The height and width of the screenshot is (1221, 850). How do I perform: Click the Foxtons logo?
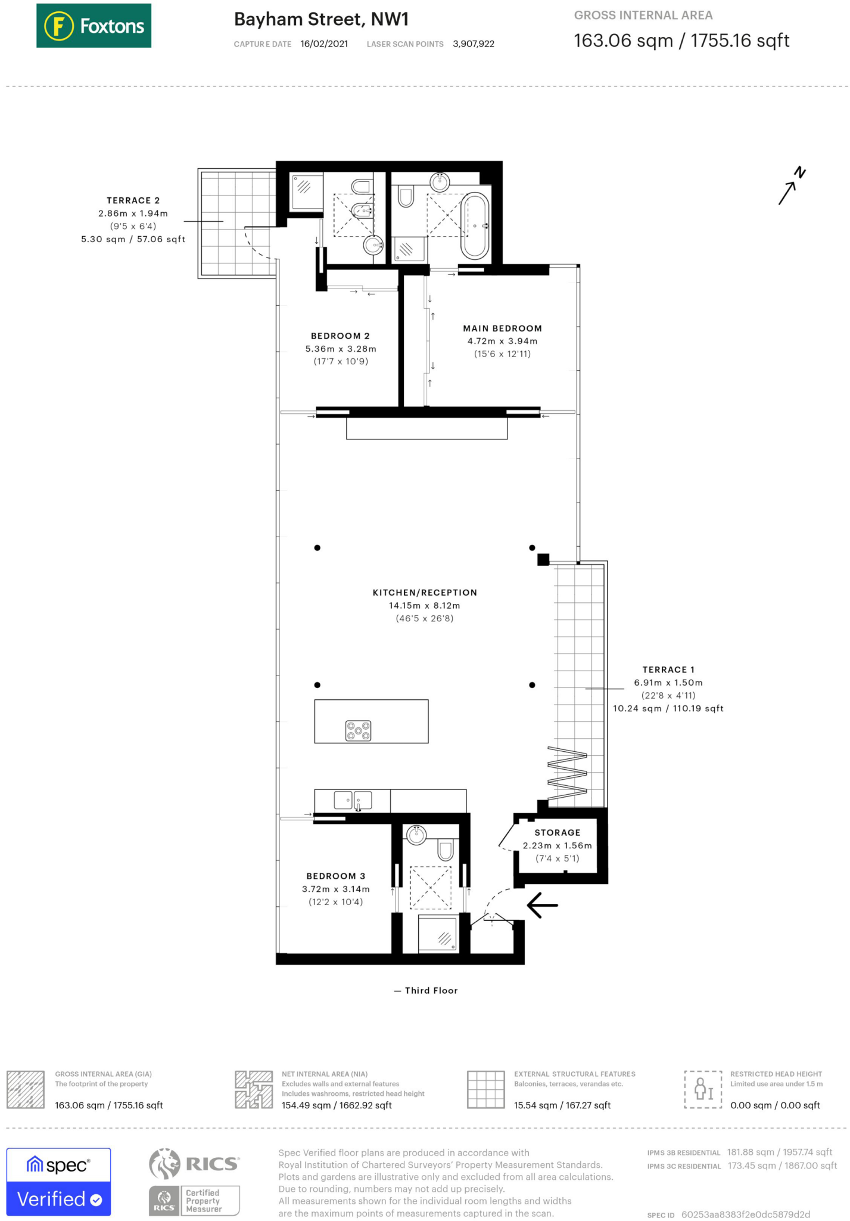point(94,26)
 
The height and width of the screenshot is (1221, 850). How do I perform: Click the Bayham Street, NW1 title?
point(321,20)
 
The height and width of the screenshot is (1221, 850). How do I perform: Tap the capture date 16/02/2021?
point(324,44)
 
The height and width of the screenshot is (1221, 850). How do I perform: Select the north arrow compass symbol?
point(792,185)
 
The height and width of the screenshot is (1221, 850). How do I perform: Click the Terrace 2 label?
point(133,200)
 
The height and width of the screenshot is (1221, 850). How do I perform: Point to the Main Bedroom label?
point(502,329)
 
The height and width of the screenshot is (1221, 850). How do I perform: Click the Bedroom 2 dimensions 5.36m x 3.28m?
point(341,349)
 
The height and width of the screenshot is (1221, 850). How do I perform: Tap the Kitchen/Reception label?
point(425,593)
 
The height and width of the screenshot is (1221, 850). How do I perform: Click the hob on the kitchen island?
point(358,730)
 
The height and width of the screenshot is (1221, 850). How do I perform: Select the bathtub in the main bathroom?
point(475,226)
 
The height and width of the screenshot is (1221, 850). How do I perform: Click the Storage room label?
point(557,833)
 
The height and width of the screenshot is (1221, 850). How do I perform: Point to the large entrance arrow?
point(542,905)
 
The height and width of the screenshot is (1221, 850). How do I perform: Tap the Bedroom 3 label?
point(336,876)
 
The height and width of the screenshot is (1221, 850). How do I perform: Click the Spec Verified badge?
point(58,1182)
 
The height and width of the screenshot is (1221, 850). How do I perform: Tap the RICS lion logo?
point(164,1164)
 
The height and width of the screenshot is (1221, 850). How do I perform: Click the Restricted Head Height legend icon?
point(703,1089)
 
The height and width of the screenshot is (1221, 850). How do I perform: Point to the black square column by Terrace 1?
point(543,559)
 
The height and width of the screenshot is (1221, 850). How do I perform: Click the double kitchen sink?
point(353,800)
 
